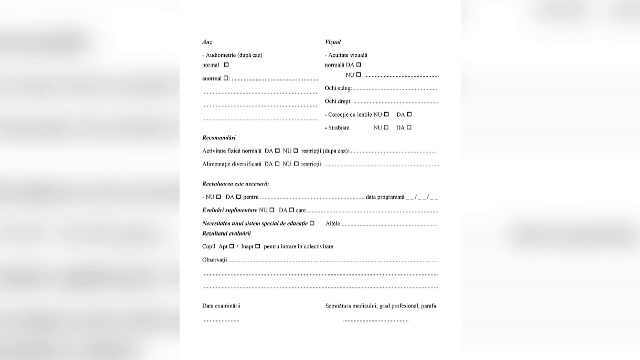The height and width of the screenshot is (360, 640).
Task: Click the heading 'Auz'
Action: click(207, 42)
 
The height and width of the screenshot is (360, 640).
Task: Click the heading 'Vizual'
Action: click(334, 42)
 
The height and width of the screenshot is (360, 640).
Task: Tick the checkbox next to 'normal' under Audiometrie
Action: click(227, 64)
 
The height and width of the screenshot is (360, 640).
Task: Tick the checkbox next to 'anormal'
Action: click(227, 76)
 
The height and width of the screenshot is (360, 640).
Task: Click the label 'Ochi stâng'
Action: click(338, 88)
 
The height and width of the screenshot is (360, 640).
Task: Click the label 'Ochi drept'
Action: click(338, 101)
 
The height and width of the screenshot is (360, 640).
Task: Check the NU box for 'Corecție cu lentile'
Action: click(386, 114)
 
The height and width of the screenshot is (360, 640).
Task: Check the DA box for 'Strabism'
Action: click(409, 127)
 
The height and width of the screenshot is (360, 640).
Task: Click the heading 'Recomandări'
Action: click(219, 137)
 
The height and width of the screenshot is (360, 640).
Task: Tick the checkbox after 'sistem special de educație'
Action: click(313, 222)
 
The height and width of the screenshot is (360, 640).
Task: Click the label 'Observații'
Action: click(215, 258)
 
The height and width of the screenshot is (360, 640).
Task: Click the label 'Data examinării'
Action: click(222, 305)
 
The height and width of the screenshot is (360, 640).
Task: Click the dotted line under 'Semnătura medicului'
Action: click(375, 320)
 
